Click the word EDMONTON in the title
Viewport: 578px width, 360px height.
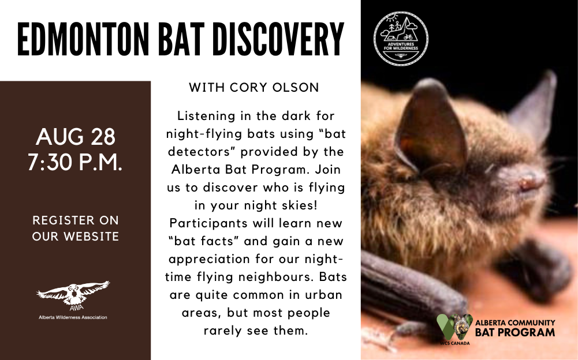pyautogui.click(x=83, y=39)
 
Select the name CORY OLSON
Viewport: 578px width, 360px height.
pyautogui.click(x=274, y=87)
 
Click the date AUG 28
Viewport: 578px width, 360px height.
pyautogui.click(x=76, y=137)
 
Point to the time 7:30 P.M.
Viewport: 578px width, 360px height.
pyautogui.click(x=75, y=162)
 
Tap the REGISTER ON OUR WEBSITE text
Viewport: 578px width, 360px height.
pyautogui.click(x=76, y=228)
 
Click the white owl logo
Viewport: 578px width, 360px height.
pyautogui.click(x=73, y=294)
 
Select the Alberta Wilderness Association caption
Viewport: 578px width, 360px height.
pyautogui.click(x=73, y=317)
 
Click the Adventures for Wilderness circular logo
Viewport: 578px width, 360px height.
pyautogui.click(x=401, y=38)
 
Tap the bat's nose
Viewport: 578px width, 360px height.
pyautogui.click(x=529, y=181)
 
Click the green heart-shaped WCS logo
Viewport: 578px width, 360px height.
pyautogui.click(x=454, y=327)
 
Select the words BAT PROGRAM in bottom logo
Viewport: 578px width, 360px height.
pyautogui.click(x=515, y=332)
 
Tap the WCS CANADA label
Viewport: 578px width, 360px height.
pyautogui.click(x=454, y=343)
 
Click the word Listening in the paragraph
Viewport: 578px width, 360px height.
pyautogui.click(x=206, y=117)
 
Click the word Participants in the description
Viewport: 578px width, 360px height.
pyautogui.click(x=208, y=224)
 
